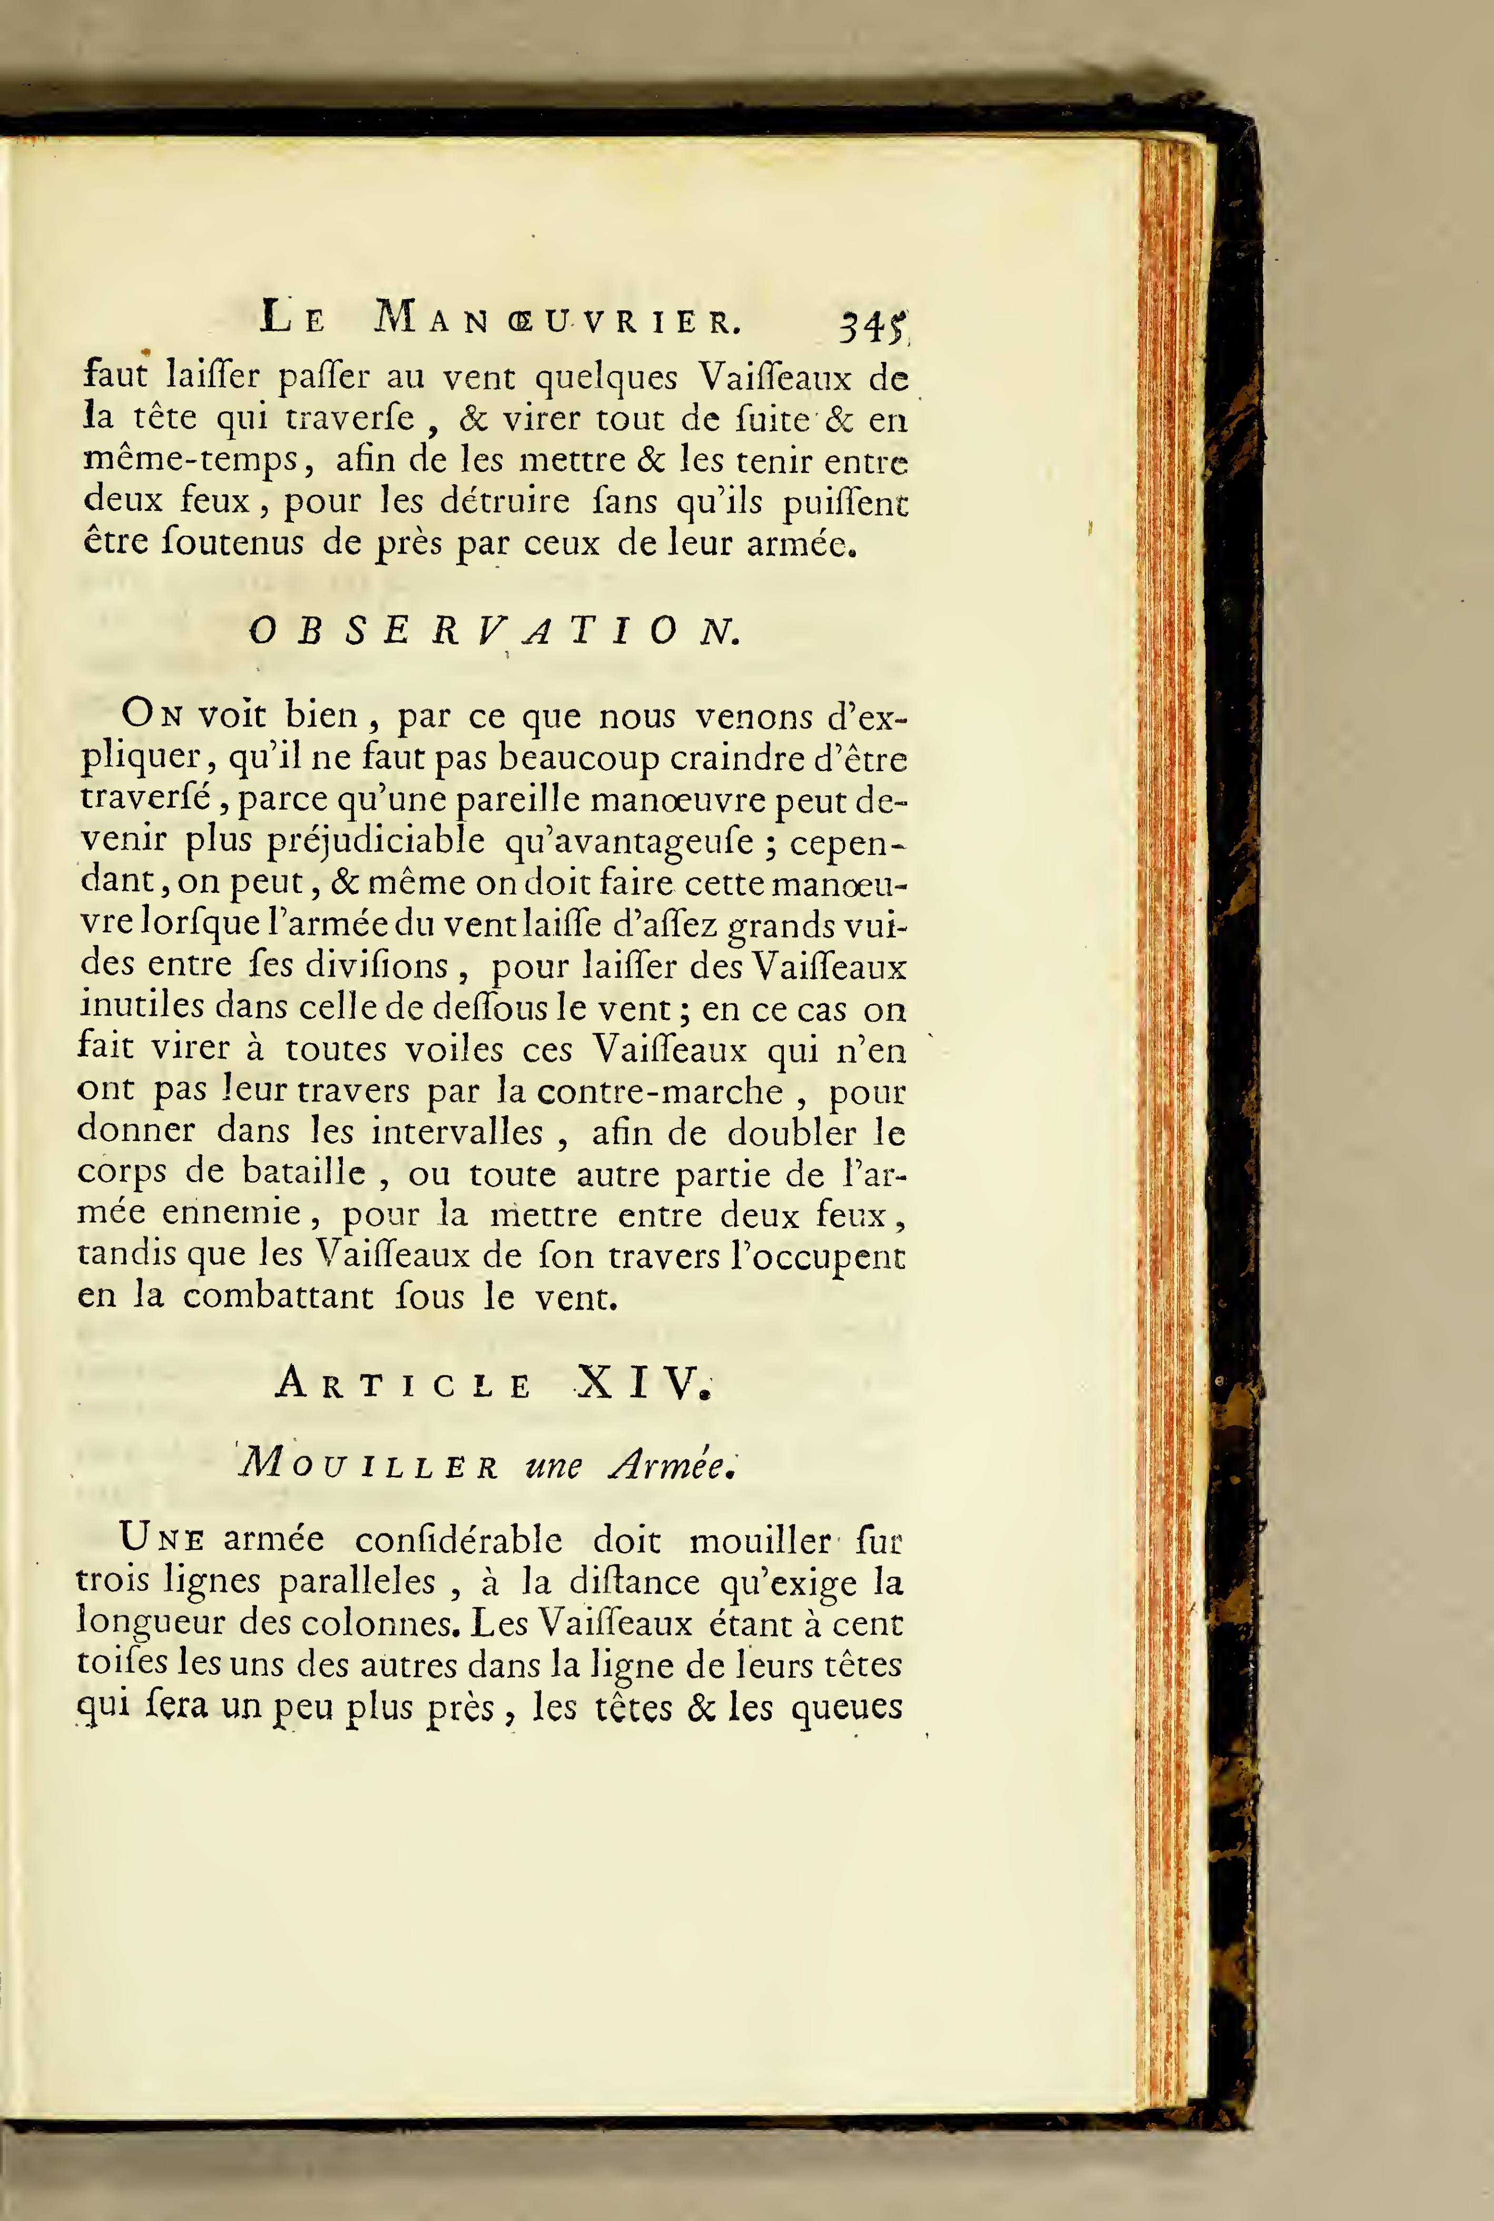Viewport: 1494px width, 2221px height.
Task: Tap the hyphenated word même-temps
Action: (x=192, y=460)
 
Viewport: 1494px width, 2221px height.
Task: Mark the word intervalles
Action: (x=457, y=1132)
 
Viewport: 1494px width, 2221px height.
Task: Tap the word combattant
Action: (x=278, y=1297)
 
